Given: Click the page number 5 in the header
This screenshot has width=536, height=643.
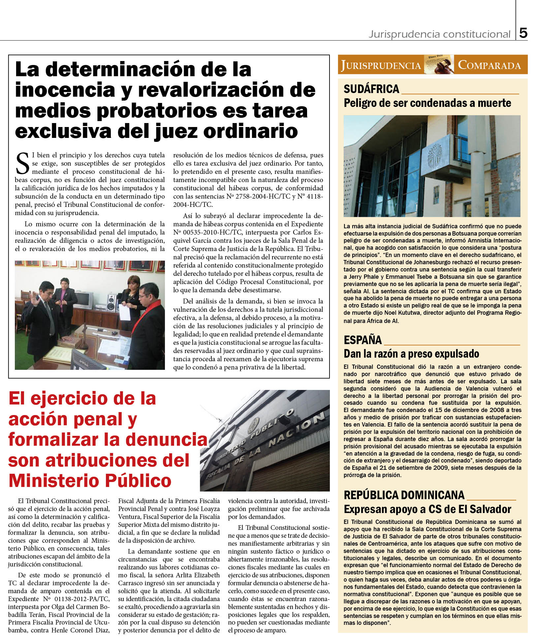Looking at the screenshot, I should pos(523,33).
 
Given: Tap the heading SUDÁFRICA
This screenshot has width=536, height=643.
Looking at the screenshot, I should pos(371,89).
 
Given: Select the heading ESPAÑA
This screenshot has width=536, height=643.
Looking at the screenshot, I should pos(362,340).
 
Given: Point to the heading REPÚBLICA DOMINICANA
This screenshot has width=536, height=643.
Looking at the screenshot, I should pos(404,495).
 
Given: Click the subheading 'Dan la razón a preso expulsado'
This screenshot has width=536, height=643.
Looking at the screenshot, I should pos(411,354).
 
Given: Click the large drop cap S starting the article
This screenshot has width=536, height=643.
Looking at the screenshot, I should pos(22,164).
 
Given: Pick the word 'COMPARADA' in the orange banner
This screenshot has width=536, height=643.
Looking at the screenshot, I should pos(489,65).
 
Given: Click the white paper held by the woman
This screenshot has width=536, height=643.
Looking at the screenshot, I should pos(125,312).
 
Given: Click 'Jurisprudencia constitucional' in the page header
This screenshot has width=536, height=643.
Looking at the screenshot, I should pos(439,34).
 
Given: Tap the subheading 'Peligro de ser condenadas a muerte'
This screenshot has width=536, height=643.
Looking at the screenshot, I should pos(427,103).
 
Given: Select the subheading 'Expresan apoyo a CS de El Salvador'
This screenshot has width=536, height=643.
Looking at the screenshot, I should pos(427,509).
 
